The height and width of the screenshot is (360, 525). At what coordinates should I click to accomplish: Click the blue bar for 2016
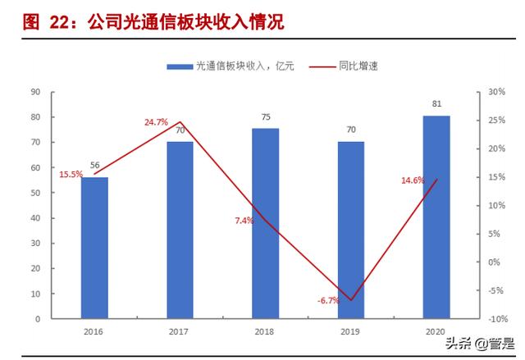click(x=94, y=247)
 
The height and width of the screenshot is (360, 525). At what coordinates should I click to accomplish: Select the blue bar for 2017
click(x=180, y=229)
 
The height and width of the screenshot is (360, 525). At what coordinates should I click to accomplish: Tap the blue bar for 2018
click(x=265, y=222)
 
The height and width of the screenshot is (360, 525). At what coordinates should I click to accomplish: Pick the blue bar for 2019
click(x=351, y=229)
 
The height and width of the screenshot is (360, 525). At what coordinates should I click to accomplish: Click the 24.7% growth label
click(x=156, y=122)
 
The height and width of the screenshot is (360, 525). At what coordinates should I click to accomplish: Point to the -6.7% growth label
click(x=328, y=301)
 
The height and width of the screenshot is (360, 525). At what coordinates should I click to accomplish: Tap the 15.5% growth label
click(x=71, y=175)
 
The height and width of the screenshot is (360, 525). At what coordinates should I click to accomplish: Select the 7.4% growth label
click(x=244, y=221)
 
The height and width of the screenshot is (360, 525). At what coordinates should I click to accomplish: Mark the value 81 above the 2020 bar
click(x=436, y=104)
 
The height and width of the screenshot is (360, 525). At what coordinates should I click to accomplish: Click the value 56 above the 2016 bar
click(x=94, y=166)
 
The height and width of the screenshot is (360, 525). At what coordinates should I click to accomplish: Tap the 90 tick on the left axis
click(x=37, y=92)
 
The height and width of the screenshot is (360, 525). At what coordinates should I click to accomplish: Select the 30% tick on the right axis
click(x=495, y=92)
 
